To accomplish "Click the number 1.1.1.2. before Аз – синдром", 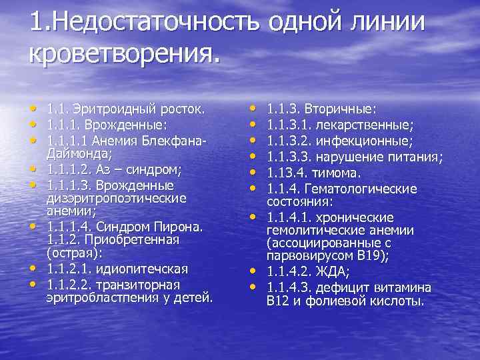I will (72, 169).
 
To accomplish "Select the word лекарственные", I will (367, 125).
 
